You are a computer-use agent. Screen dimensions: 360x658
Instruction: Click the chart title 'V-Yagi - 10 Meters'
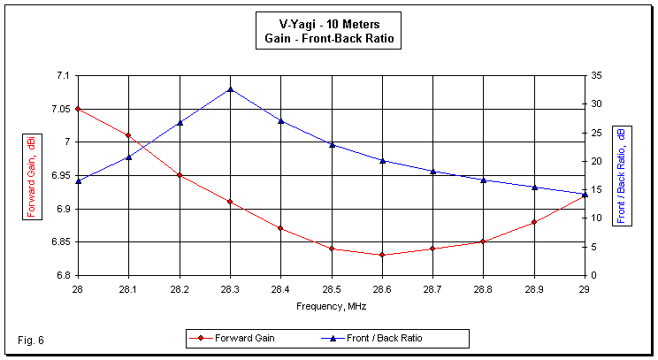328,23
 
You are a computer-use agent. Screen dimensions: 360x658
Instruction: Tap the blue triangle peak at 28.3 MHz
230,89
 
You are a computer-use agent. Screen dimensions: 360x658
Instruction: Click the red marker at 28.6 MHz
382,255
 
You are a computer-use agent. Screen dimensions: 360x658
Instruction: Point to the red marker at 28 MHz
78,109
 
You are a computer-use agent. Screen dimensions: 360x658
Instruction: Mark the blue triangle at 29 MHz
585,194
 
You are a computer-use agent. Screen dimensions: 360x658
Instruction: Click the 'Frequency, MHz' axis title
332,306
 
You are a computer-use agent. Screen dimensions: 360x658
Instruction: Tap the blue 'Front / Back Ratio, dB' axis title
622,175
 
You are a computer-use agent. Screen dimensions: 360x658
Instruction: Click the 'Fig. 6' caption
29,340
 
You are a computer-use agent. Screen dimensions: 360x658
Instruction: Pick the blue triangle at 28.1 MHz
128,157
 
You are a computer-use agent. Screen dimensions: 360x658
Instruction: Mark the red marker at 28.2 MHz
180,175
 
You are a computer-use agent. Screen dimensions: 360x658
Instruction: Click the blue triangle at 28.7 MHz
432,171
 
